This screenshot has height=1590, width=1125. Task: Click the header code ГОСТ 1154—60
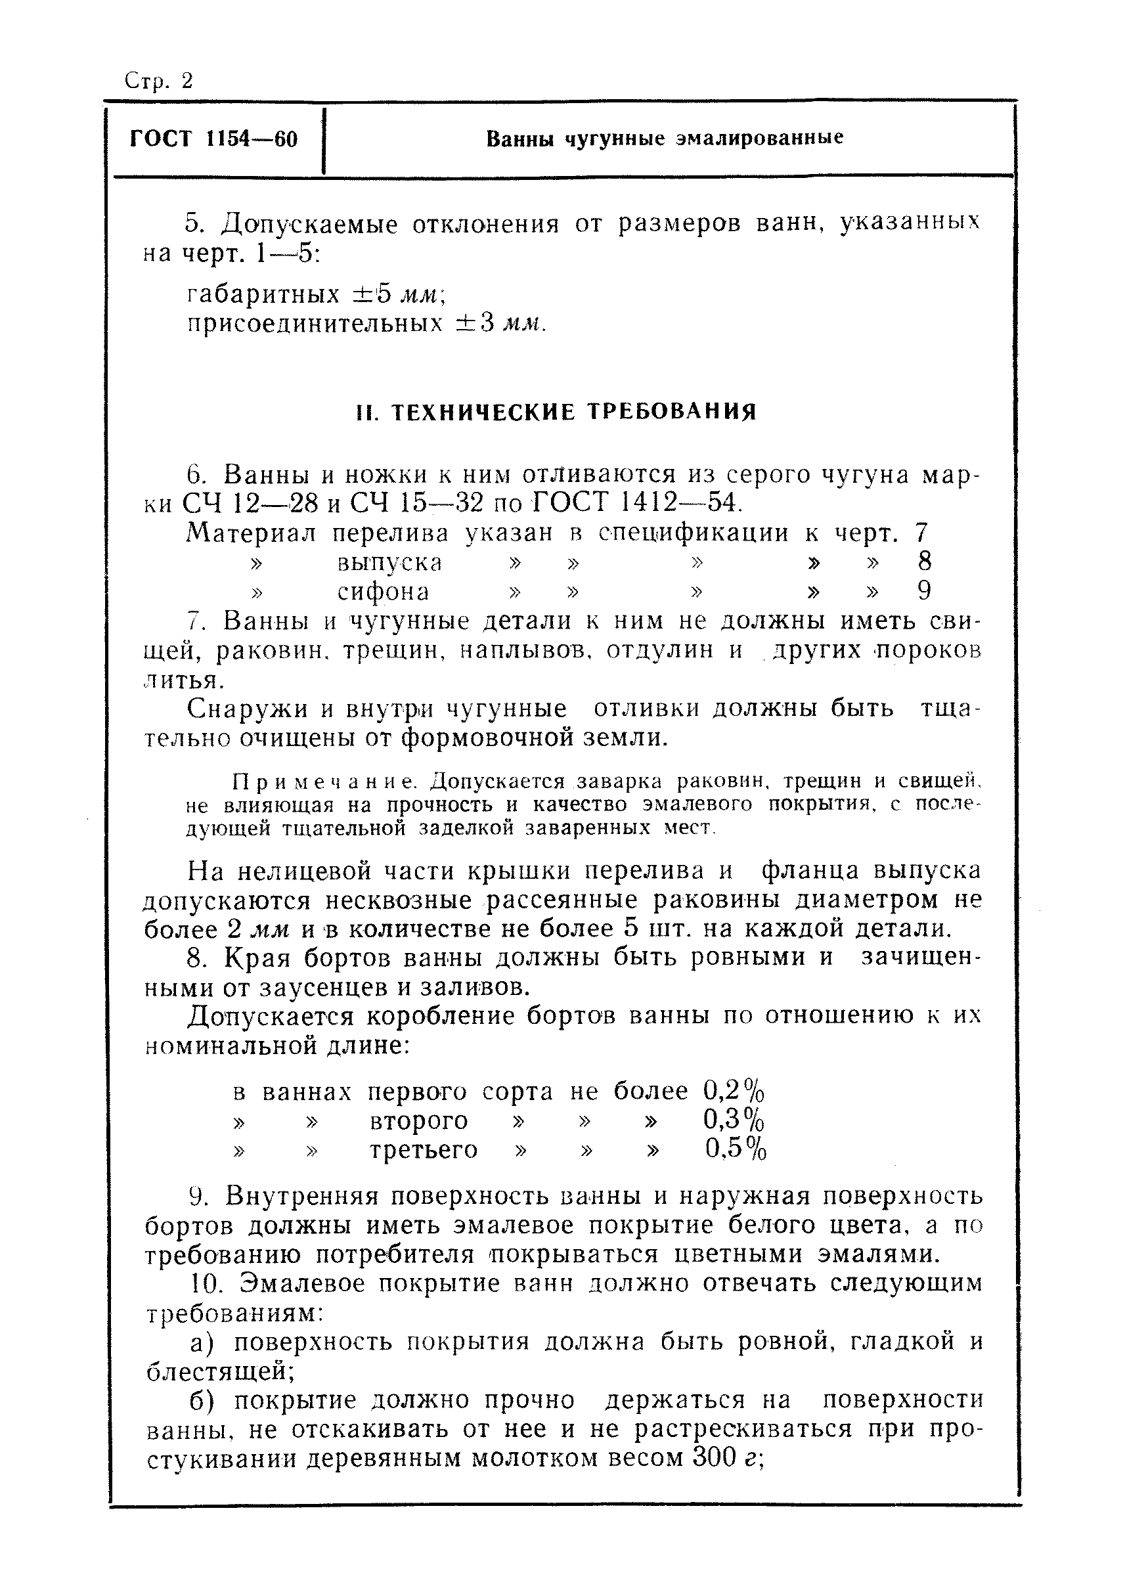(213, 139)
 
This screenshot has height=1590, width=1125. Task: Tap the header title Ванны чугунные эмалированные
(665, 139)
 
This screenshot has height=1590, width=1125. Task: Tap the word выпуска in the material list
(389, 562)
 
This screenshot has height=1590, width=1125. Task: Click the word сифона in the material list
(383, 591)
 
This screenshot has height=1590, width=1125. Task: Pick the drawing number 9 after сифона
(924, 591)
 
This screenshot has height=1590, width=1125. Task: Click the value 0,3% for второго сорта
(734, 1120)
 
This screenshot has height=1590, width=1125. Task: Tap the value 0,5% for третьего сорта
(736, 1149)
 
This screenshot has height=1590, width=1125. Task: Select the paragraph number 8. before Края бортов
(198, 958)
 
